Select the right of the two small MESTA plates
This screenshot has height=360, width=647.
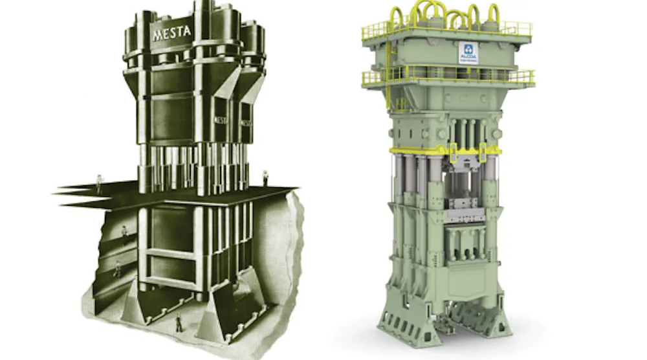[x=247, y=122]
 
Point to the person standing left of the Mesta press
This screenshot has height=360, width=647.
[x=98, y=183]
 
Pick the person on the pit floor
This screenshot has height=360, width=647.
[x=179, y=322]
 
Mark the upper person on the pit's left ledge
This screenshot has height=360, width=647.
[x=124, y=231]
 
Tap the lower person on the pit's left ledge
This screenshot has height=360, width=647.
[x=117, y=267]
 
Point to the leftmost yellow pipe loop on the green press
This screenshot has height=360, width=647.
[x=395, y=16]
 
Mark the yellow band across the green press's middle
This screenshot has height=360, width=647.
[x=446, y=150]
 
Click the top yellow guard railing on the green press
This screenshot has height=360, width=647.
[x=446, y=29]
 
